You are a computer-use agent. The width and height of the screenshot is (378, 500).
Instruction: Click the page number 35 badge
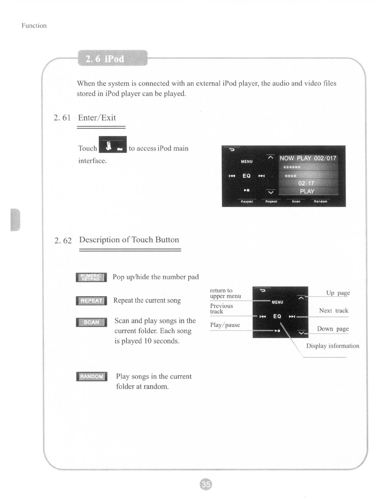coord(205,484)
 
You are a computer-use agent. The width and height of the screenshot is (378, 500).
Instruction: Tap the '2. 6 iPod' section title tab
coord(113,58)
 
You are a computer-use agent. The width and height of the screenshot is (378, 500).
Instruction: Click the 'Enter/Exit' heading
coord(97,118)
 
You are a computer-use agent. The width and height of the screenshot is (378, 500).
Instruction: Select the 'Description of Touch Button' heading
coord(129,240)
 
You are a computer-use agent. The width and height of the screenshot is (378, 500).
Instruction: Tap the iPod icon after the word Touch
coord(113,144)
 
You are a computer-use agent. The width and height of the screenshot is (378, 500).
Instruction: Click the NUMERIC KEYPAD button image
coord(91,277)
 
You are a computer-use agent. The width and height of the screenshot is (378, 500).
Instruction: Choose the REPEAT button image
coord(91,301)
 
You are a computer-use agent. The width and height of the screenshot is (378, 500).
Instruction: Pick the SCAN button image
coord(91,322)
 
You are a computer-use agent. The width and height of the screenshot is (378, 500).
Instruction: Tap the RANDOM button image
coord(92,376)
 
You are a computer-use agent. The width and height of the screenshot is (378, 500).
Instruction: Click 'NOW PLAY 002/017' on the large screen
coord(308,158)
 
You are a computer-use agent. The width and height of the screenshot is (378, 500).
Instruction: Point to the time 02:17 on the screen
coord(306,183)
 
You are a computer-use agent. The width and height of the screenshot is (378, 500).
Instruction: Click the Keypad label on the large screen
coord(247,202)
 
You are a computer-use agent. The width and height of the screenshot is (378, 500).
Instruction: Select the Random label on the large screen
coord(320,202)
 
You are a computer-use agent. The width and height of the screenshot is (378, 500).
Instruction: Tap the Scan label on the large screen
coord(296,202)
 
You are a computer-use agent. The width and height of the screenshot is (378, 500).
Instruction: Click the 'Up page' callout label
coord(338,293)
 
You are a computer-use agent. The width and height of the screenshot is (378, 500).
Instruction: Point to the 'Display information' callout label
coord(333,346)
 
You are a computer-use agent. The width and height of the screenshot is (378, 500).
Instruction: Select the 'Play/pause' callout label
coord(225,325)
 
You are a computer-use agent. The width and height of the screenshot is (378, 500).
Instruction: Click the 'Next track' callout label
coord(333,310)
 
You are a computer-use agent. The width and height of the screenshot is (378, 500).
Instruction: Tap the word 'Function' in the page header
coord(34,25)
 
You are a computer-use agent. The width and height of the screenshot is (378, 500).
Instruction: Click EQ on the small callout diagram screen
coord(277,316)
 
